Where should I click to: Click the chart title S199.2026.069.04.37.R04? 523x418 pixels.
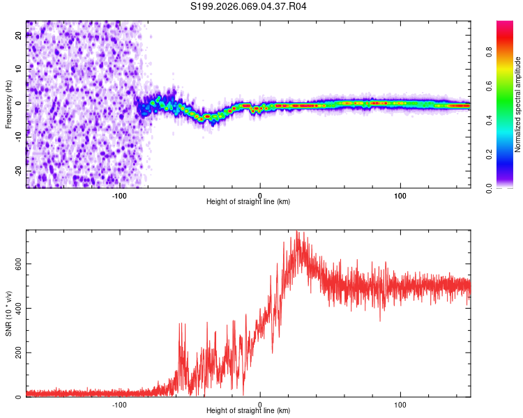coord(249,7)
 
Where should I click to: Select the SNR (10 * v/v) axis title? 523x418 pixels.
coord(8,313)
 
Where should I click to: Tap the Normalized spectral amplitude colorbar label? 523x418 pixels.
coord(517,104)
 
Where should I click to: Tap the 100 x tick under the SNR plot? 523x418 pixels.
coord(400,404)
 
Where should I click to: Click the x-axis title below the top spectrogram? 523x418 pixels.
coord(248,201)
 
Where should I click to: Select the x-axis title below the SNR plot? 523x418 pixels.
coord(248,411)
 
